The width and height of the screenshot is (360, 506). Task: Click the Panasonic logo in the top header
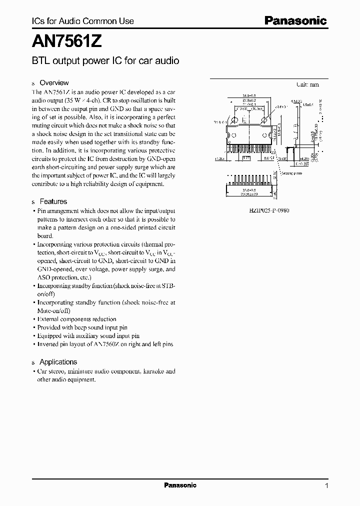pyautogui.click(x=295, y=21)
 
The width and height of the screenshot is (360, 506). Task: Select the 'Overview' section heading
pyautogui.click(x=54, y=83)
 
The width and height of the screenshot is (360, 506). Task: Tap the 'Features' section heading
pyautogui.click(x=53, y=201)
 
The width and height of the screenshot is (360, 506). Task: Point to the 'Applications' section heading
pyautogui.click(x=58, y=362)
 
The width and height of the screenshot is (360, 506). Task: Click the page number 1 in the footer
pyautogui.click(x=326, y=486)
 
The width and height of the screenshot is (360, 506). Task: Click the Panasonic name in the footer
pyautogui.click(x=180, y=485)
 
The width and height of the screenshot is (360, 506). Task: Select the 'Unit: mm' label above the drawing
pyautogui.click(x=307, y=85)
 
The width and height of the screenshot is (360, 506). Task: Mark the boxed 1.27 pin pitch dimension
pyautogui.click(x=245, y=157)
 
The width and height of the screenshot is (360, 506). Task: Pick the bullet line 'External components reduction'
pyautogui.click(x=77, y=319)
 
